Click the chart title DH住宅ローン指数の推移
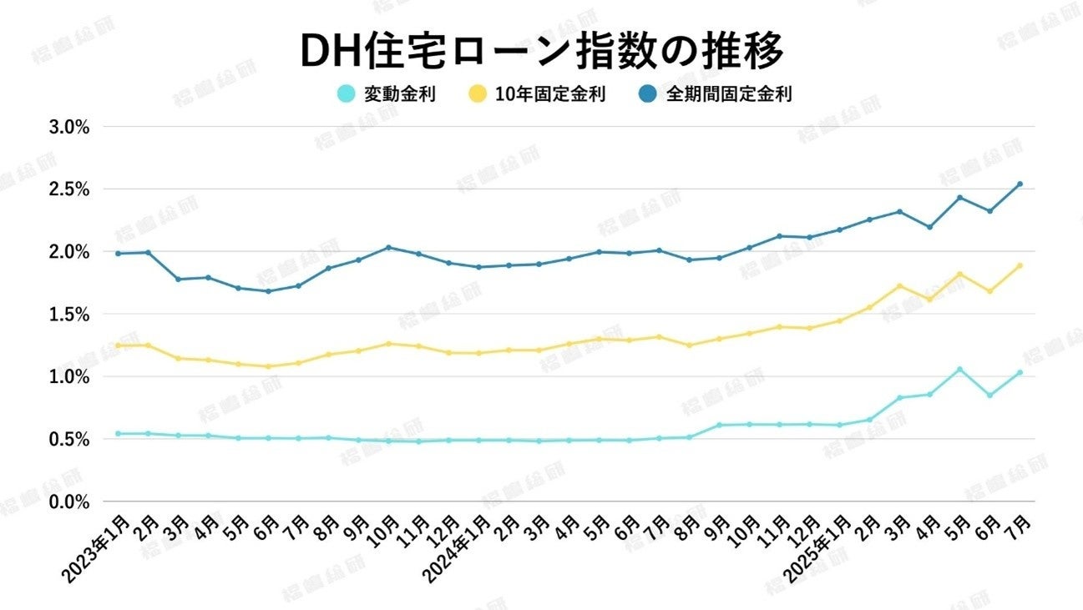point(541,52)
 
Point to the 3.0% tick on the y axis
point(69,128)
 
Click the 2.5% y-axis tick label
point(69,189)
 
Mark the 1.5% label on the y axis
point(69,315)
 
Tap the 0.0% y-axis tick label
point(69,502)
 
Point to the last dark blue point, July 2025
point(1020,184)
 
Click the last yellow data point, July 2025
point(1020,266)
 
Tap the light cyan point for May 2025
point(959,369)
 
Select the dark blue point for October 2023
point(388,247)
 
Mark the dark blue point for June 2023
point(268,291)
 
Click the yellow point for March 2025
point(899,286)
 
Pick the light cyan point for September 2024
point(719,426)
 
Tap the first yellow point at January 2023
point(118,345)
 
